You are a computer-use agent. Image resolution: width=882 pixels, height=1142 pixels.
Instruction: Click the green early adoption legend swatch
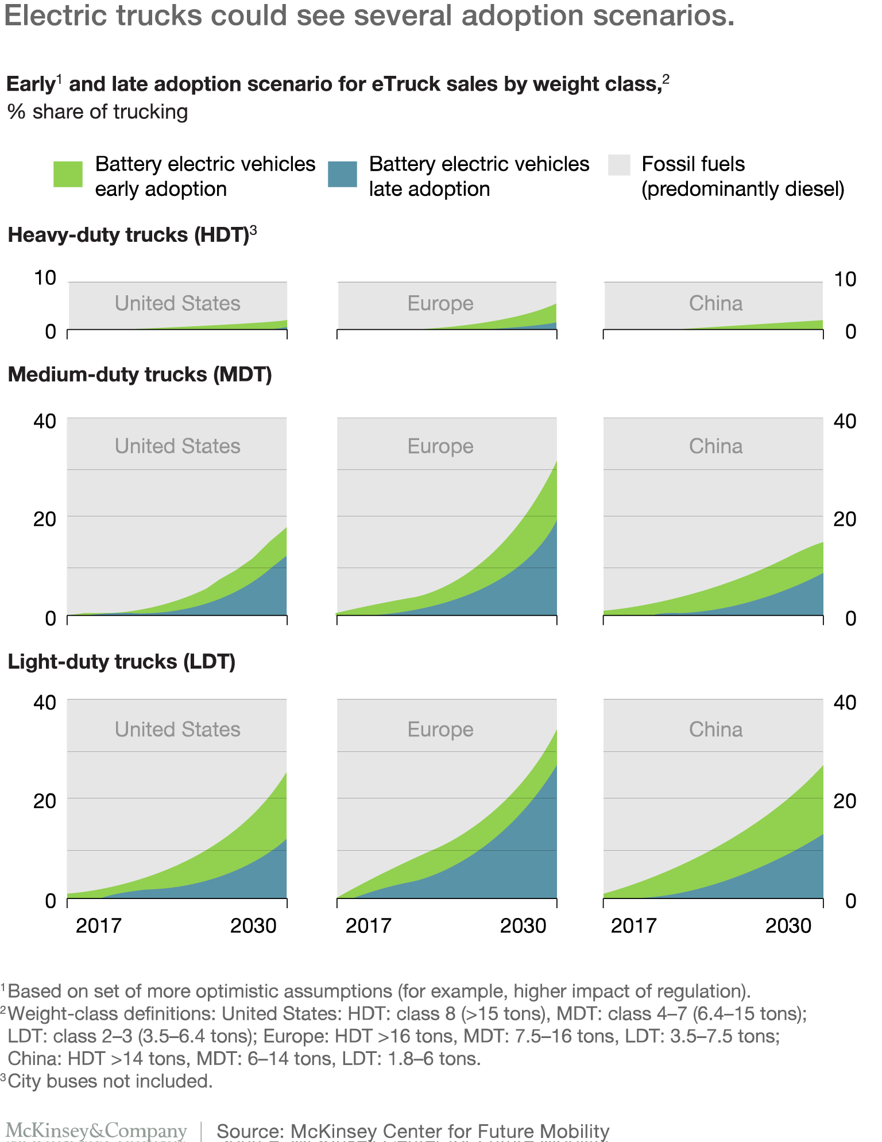[68, 173]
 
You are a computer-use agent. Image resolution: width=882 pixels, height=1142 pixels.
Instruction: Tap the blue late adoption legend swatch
[342, 173]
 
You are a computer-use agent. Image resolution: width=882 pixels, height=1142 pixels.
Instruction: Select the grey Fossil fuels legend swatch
[619, 165]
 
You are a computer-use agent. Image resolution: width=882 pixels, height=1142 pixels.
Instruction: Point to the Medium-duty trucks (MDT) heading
[140, 375]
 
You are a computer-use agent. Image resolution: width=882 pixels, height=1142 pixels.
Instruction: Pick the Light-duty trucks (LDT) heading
[121, 662]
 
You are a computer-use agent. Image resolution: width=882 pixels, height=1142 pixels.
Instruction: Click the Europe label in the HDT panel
[440, 303]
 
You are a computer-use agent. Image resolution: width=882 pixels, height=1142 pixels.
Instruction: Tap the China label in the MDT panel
[715, 446]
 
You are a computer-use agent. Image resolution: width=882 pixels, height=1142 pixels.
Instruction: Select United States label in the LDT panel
[177, 730]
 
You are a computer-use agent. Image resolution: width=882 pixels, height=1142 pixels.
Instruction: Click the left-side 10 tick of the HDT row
[45, 279]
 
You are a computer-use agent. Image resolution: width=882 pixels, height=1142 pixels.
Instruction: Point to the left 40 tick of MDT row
[45, 421]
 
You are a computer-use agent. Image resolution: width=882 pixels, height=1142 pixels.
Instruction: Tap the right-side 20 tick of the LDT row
[845, 801]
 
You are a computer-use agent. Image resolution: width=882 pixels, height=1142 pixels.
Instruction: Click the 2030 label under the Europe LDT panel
[523, 926]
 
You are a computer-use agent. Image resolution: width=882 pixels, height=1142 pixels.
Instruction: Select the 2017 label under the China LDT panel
[633, 926]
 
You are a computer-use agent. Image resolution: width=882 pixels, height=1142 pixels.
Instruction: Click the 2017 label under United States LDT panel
[99, 926]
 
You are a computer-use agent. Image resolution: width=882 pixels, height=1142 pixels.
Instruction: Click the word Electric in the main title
[55, 16]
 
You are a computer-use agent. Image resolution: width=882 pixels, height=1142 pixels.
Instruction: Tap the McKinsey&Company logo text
[96, 1131]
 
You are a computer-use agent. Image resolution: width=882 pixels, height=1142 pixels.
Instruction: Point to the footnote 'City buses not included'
[110, 1081]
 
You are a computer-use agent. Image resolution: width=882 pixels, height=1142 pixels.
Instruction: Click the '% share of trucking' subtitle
[98, 111]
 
